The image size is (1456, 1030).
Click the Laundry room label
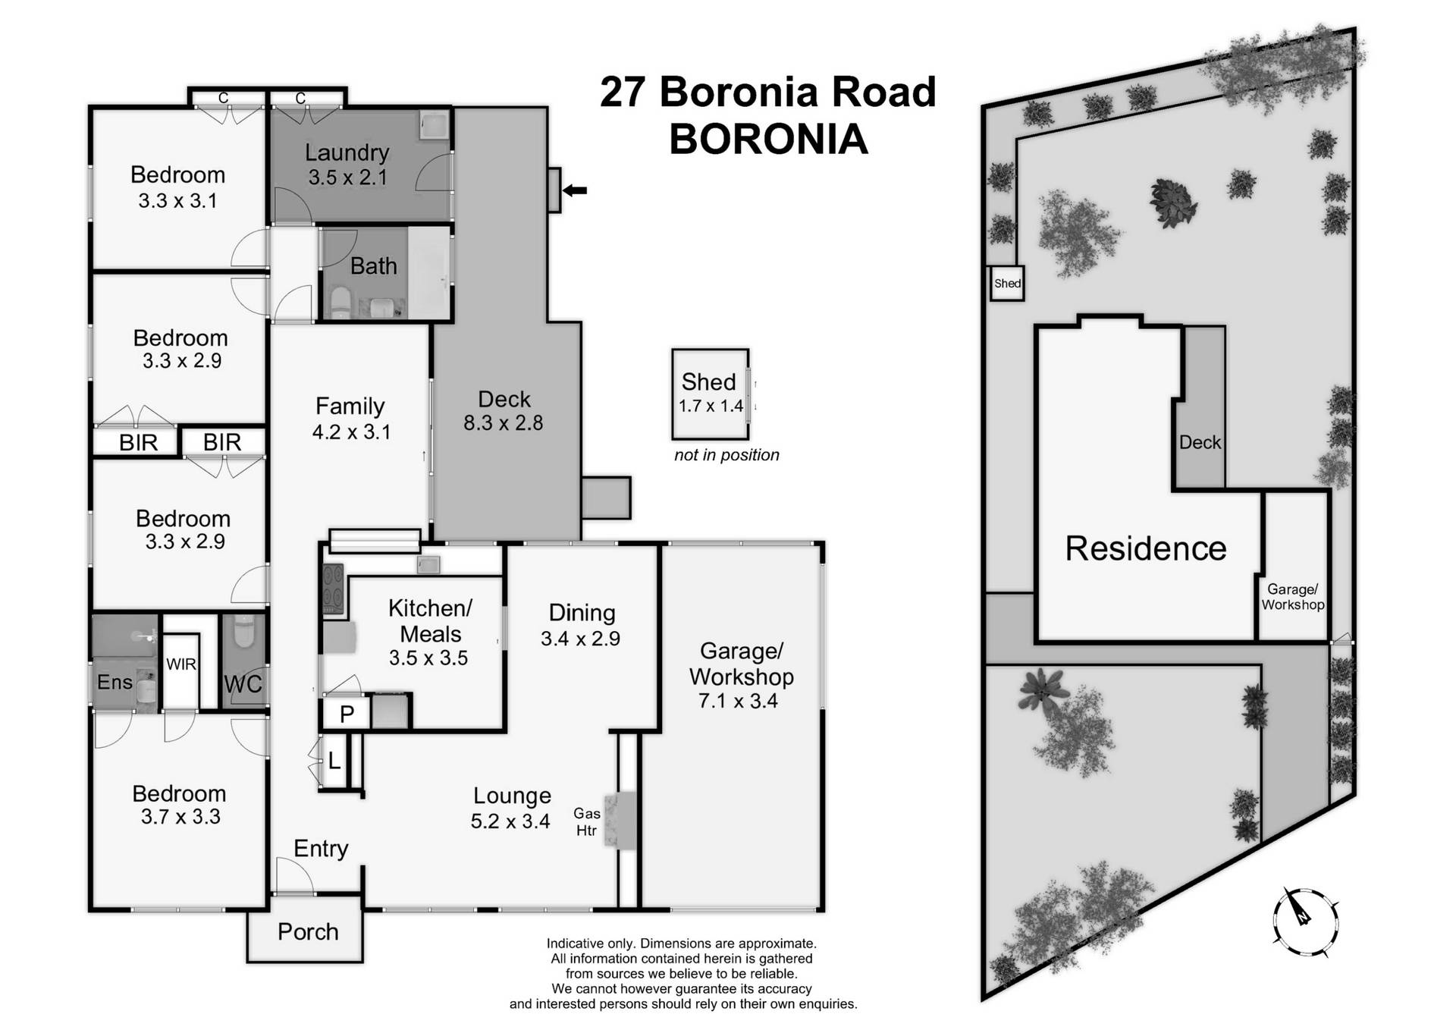pos(347,152)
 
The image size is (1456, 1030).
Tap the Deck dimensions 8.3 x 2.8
pos(503,423)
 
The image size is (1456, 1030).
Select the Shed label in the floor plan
pos(708,382)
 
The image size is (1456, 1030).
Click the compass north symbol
pos(1304,920)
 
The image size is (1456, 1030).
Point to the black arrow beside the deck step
pos(575,190)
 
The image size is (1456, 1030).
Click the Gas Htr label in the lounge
pos(586,821)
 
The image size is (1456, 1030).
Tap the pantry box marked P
pos(347,714)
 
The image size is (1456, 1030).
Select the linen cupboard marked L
pos(334,760)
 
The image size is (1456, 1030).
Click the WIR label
pos(180,664)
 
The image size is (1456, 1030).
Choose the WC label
pos(243,683)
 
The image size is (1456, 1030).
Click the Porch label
pos(307,931)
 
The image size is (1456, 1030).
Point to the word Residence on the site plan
pos(1145,548)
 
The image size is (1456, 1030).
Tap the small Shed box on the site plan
pos(1007,284)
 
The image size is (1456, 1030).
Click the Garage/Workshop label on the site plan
pos(1292,597)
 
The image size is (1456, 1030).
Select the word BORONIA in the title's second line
pos(767,140)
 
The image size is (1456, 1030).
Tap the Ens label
pos(115,682)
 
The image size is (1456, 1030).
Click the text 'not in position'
pos(726,455)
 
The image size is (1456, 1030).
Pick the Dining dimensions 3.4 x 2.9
pos(580,639)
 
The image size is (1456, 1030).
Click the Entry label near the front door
pos(321,848)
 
